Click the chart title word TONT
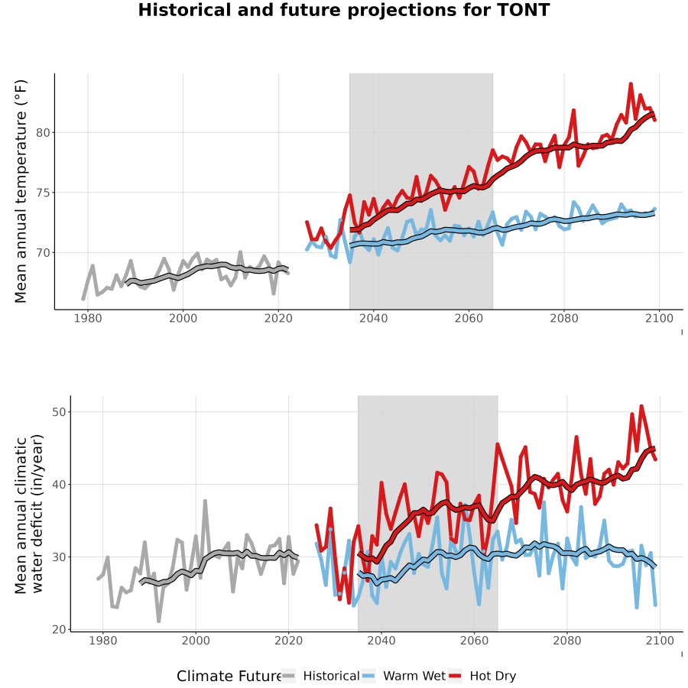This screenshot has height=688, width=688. [524, 10]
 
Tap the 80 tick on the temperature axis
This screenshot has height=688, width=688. [43, 132]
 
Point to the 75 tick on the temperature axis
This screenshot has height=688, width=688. [43, 193]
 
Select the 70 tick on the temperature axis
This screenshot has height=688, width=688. [43, 253]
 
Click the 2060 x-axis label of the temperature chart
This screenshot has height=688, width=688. [469, 318]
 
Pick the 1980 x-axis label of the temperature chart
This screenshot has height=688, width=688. [88, 318]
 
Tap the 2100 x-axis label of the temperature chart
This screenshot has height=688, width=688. [659, 318]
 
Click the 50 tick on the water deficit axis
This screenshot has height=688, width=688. [59, 412]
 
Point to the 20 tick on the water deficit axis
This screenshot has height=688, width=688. [59, 630]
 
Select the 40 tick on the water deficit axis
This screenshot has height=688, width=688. [59, 485]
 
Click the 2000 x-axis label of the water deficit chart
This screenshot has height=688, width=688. [196, 641]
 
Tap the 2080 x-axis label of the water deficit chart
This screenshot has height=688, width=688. [567, 641]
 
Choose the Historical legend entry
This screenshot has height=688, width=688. [320, 676]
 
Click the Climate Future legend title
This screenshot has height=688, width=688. [229, 676]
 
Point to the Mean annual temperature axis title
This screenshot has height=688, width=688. [21, 191]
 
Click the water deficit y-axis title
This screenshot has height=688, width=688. [28, 514]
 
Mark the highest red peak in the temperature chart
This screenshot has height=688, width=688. [631, 84]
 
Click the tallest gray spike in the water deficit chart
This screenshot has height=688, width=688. [205, 501]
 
